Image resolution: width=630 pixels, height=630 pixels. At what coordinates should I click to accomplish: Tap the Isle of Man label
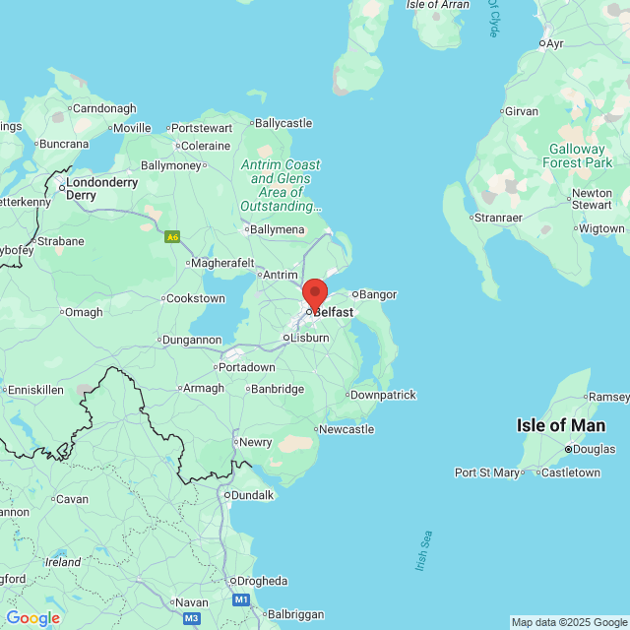pos(561,425)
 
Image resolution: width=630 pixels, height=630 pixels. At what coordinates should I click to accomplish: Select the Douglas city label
pos(593,449)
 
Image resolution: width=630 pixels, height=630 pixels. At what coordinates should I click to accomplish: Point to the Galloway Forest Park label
pos(581,156)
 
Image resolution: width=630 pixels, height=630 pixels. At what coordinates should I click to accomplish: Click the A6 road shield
pos(173,237)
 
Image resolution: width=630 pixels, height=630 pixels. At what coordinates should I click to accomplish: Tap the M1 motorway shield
pos(241,598)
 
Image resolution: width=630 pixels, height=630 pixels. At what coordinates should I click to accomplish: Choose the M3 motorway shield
pos(191,618)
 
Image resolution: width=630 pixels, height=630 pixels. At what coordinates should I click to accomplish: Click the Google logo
pos(33,618)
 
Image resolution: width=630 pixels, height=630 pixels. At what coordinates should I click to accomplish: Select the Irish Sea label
pos(422,552)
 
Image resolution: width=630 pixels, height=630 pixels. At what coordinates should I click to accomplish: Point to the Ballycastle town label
pos(283,123)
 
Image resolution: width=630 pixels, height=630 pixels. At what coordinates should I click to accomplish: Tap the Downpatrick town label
pos(383,395)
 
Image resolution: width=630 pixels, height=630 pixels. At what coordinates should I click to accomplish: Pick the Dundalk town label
pos(252,495)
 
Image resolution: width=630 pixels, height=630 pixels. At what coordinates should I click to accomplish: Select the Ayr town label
pos(554,43)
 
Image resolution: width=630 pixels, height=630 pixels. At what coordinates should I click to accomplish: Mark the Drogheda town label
pos(261,581)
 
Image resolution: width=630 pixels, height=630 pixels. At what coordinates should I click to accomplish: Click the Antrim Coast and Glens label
pos(281,186)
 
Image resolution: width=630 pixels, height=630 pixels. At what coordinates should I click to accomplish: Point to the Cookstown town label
pos(196,298)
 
